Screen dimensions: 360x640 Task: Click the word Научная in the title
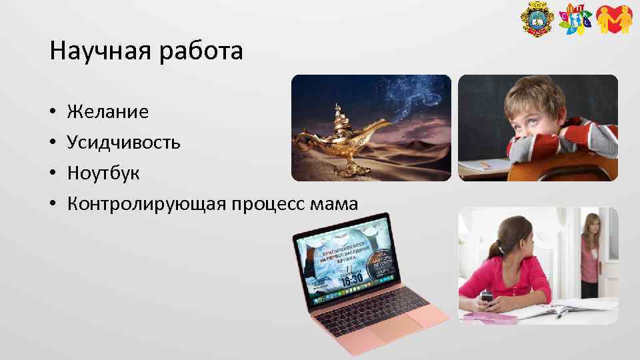tap(100, 51)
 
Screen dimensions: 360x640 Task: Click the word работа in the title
tap(201, 51)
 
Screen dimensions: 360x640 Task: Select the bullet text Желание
tap(108, 111)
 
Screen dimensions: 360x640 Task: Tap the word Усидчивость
tap(123, 142)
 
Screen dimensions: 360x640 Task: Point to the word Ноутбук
tap(103, 173)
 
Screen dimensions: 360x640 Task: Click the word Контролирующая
tap(146, 204)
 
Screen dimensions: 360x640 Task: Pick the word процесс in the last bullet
tap(266, 204)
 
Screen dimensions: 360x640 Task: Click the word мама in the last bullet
tap(335, 204)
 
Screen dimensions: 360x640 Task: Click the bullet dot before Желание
tap(52, 112)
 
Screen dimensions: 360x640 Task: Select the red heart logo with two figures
tap(613, 20)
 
